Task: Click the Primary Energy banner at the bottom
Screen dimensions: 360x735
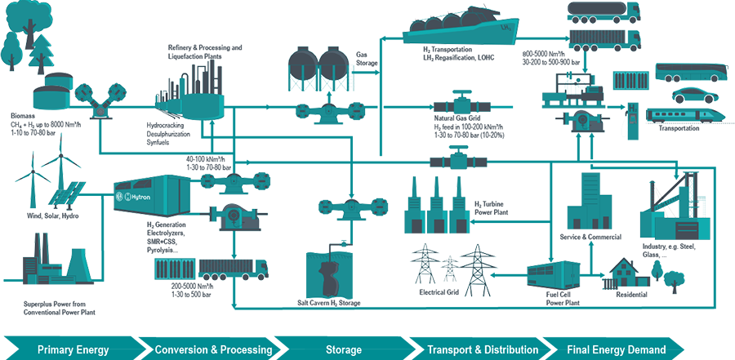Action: click(x=73, y=349)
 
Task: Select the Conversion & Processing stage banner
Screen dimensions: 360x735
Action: click(x=213, y=349)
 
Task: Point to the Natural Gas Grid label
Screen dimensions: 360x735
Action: click(x=461, y=118)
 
